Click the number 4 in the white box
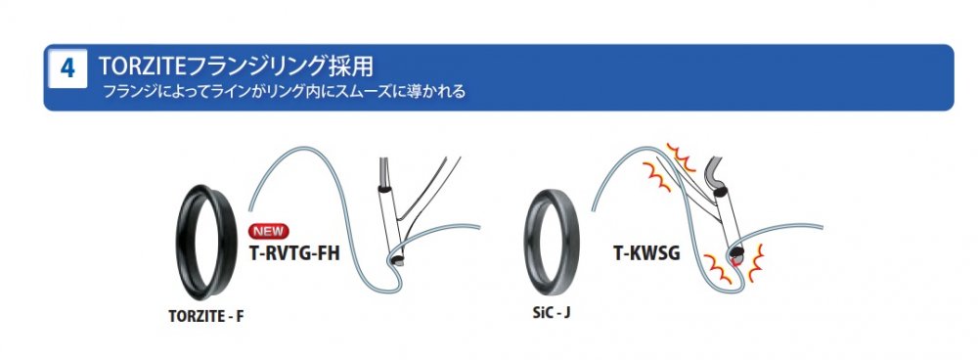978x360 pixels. (67, 68)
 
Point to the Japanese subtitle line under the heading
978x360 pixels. (284, 92)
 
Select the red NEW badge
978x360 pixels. (269, 232)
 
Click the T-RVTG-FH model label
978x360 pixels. (294, 253)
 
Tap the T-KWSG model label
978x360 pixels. (646, 253)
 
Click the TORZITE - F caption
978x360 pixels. (205, 316)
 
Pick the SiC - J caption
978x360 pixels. (552, 312)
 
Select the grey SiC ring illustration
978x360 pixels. (529, 244)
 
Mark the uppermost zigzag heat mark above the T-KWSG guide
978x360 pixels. (681, 156)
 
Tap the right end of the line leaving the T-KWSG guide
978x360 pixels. (822, 227)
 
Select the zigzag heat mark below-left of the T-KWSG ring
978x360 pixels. (718, 269)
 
